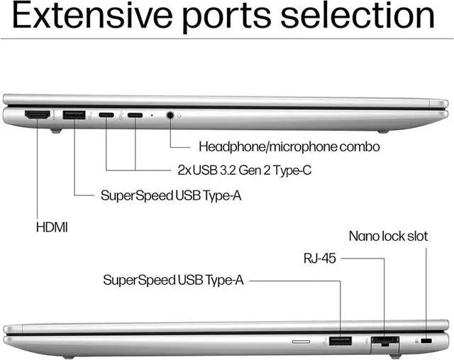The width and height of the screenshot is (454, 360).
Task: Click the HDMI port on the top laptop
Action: (x=38, y=115)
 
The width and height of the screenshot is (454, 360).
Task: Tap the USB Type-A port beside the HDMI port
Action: (x=74, y=115)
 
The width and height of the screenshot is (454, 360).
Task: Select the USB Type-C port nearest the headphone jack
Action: (x=135, y=115)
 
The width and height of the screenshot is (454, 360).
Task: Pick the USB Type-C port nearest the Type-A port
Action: (x=106, y=115)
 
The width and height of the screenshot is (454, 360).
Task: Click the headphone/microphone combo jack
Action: (x=170, y=115)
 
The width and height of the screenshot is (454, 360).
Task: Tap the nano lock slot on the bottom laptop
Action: (x=426, y=341)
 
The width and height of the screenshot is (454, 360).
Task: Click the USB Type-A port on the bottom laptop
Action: (x=340, y=341)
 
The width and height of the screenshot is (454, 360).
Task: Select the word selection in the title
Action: (x=358, y=16)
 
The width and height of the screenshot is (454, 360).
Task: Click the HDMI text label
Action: (x=52, y=227)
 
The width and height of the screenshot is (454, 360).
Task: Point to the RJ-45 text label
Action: (x=320, y=258)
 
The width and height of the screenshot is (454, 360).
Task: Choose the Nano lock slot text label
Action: (x=388, y=236)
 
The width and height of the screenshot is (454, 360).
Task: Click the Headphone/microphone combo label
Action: (x=289, y=147)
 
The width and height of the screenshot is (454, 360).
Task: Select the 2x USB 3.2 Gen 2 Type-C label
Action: (x=245, y=170)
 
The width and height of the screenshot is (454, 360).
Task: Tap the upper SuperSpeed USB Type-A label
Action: (x=171, y=196)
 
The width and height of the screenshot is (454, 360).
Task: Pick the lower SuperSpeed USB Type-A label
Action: (x=173, y=280)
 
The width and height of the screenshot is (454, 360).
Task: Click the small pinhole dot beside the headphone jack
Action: (x=152, y=115)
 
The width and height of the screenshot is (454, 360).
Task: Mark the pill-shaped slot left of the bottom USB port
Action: (x=301, y=342)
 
